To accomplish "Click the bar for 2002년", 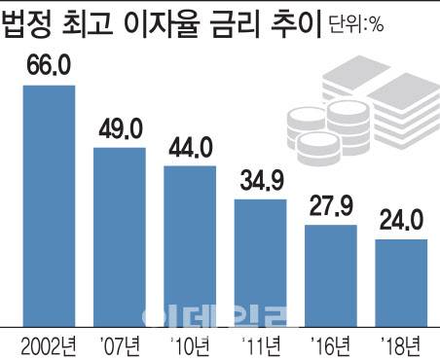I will click(48, 204).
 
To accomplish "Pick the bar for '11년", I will click(261, 262).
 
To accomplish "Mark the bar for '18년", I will click(402, 281).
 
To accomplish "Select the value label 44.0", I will click(190, 150).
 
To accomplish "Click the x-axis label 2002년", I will click(48, 343).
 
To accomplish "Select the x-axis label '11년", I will click(261, 343).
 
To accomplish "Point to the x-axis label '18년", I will click(402, 343).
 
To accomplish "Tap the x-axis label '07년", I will click(120, 343).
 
